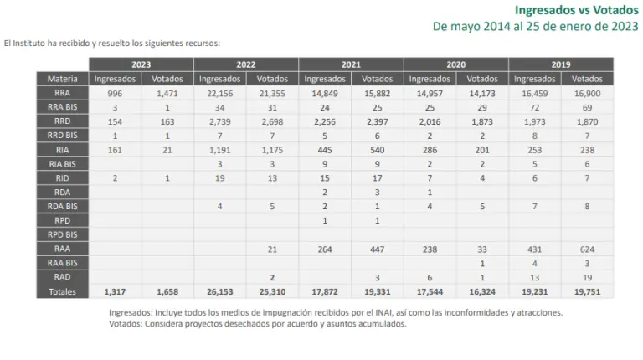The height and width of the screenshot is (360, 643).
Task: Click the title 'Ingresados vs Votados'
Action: click(575, 9)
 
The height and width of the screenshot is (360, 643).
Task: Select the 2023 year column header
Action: click(141, 64)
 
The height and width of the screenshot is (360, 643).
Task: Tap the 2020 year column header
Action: click(455, 64)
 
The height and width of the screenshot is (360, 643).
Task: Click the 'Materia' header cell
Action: click(62, 79)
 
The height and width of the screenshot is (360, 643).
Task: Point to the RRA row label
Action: click(62, 93)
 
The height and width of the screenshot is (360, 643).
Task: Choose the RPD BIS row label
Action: click(62, 234)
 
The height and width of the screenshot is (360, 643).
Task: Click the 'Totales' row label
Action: click(62, 291)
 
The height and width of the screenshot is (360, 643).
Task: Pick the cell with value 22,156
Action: click(219, 93)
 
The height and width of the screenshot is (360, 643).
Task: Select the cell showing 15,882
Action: click(377, 93)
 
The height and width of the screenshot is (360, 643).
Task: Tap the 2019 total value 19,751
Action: click(587, 291)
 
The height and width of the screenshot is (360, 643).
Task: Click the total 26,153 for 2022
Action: click(219, 291)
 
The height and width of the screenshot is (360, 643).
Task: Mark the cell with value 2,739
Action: click(219, 121)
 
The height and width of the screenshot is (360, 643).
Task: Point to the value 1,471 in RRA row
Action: click(167, 93)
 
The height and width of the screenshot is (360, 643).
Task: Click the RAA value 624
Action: click(587, 249)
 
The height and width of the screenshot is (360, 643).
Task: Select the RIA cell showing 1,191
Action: click(219, 150)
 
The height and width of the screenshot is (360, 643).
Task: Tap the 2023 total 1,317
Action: click(115, 291)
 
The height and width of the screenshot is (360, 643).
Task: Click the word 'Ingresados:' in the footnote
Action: click(131, 311)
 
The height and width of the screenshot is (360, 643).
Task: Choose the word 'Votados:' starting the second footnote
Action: click(126, 323)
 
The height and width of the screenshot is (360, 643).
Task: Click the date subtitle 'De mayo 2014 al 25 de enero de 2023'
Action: click(535, 26)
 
